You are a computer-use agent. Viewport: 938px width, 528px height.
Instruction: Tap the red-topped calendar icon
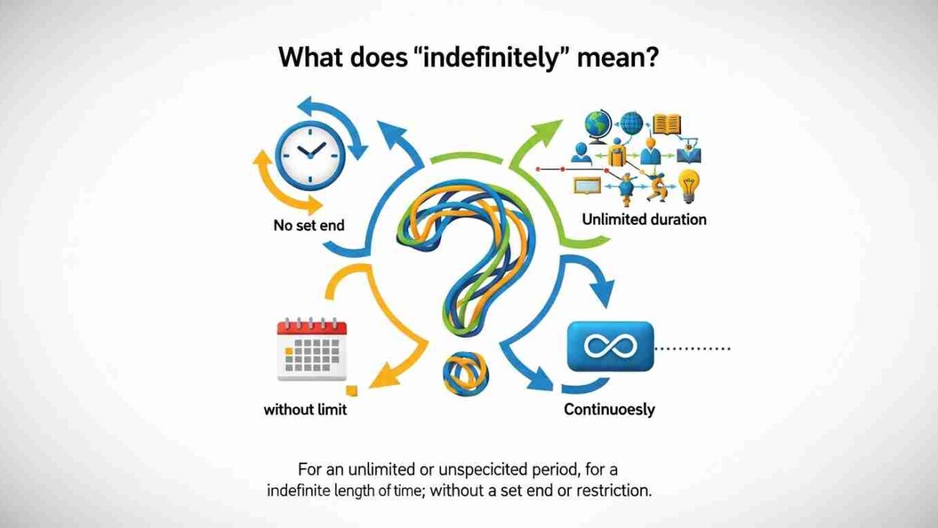point(312,350)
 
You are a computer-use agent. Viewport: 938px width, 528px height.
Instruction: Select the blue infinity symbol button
point(611,347)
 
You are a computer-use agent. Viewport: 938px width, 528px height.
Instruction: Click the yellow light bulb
point(688,185)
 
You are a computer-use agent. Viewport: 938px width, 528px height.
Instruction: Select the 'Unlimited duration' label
point(644,220)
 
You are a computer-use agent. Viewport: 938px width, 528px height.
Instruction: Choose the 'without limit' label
point(305,410)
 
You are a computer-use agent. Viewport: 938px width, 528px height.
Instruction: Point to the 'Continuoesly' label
point(609,410)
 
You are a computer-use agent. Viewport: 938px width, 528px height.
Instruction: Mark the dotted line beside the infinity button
point(694,349)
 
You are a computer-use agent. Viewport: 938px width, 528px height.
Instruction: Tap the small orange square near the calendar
point(353,390)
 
